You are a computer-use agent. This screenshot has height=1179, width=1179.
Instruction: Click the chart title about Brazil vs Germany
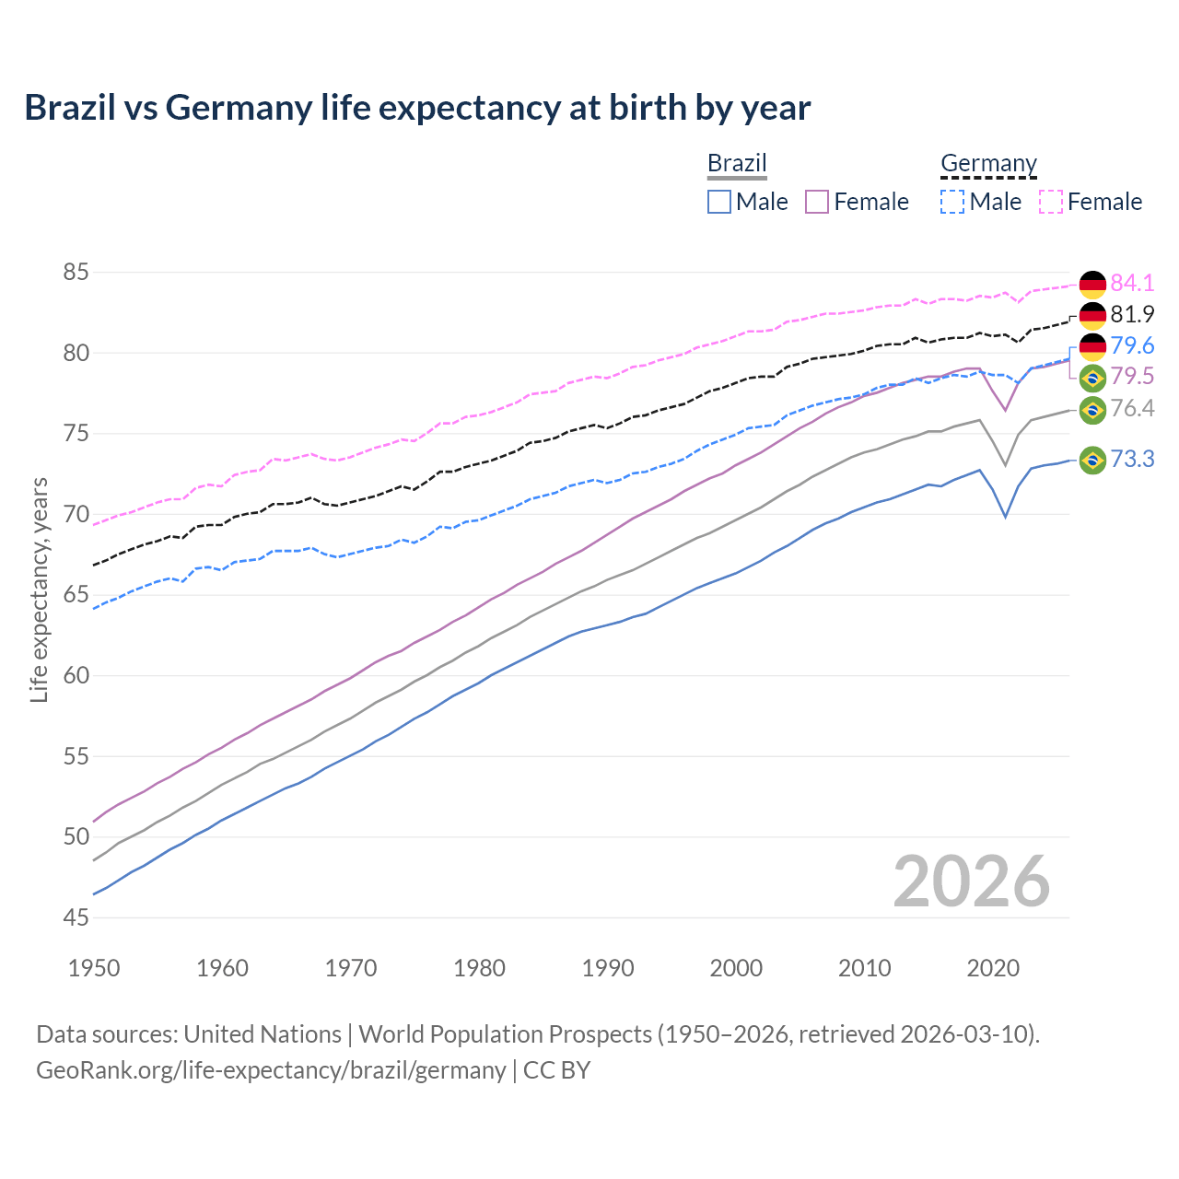(x=417, y=108)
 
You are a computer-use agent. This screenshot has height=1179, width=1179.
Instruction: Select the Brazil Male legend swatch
(x=719, y=202)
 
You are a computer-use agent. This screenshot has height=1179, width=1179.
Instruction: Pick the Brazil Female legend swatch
(x=817, y=202)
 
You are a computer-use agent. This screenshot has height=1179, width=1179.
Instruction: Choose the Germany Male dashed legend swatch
(x=952, y=202)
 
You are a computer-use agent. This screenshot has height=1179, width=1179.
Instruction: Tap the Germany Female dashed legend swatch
(x=1051, y=202)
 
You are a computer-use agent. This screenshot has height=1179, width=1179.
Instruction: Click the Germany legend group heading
(x=988, y=164)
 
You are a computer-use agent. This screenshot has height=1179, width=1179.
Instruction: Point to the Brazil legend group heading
(x=737, y=164)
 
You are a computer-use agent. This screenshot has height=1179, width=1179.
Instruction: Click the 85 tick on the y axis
(x=76, y=273)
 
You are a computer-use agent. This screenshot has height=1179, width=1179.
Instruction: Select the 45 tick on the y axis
(x=76, y=917)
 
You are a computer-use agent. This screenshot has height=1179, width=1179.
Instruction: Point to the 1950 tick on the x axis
(x=94, y=968)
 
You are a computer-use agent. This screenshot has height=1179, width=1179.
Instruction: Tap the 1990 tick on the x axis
(x=608, y=968)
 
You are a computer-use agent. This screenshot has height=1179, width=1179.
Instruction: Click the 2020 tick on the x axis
(x=993, y=968)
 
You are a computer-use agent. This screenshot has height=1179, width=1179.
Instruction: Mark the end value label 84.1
(x=1132, y=283)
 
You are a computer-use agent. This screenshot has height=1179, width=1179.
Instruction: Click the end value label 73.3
(x=1132, y=459)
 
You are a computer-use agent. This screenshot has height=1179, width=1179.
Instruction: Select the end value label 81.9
(x=1132, y=314)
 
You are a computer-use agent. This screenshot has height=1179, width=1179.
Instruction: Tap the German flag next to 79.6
(x=1092, y=346)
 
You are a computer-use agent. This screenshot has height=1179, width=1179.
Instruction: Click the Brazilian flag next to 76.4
(x=1092, y=409)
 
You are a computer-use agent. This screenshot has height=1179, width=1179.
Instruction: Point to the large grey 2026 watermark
(x=971, y=881)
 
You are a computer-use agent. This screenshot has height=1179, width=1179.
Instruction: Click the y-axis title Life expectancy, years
(x=39, y=589)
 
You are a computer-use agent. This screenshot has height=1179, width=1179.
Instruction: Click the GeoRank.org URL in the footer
(x=271, y=1070)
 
